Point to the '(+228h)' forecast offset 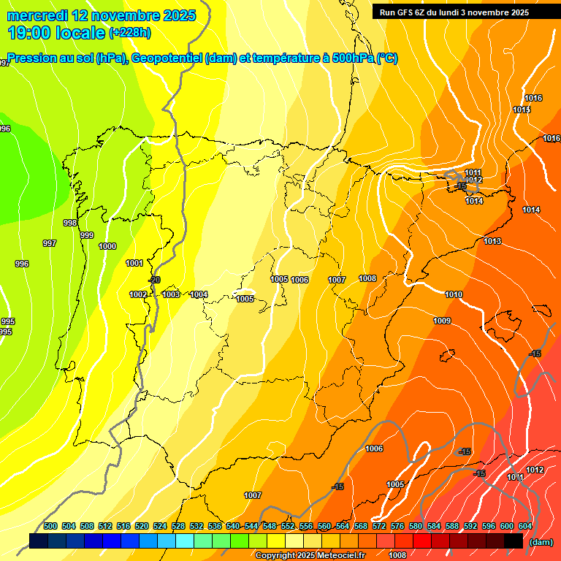[x=130, y=32]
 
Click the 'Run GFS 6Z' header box [x=454, y=12]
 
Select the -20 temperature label [x=154, y=280]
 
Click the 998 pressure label [x=70, y=223]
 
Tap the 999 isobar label [x=87, y=235]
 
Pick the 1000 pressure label [x=107, y=246]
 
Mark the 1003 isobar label [x=171, y=294]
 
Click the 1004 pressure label [x=199, y=294]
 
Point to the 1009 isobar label [x=442, y=321]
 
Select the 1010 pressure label [x=454, y=294]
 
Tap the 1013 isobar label [x=492, y=241]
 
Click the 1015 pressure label [x=521, y=110]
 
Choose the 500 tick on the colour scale [x=50, y=526]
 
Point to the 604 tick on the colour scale [x=525, y=526]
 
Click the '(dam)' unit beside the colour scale [x=541, y=542]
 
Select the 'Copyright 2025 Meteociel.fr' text [x=310, y=556]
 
